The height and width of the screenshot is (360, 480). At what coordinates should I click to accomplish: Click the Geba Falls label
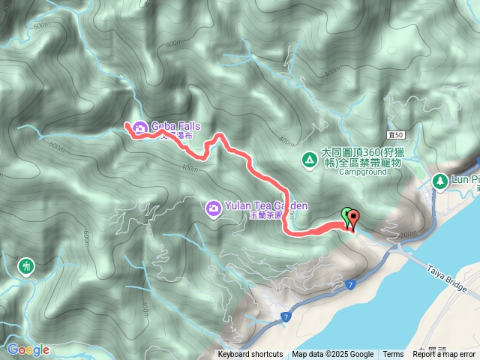point(175,125)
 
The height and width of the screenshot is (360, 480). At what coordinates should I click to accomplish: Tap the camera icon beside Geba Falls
point(139,129)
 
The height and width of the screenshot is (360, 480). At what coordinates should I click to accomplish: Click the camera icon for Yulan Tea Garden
point(213,206)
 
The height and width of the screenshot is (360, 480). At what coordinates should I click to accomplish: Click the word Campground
point(362,172)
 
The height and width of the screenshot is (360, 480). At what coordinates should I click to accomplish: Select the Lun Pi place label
point(465,180)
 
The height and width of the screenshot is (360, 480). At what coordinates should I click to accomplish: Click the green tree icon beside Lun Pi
point(439,180)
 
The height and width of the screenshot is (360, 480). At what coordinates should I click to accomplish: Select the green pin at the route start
point(346,216)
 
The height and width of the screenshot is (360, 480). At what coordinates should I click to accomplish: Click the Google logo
point(28,349)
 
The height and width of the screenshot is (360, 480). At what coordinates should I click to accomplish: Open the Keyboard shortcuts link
point(250,355)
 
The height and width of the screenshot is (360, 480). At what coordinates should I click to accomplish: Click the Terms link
point(393,355)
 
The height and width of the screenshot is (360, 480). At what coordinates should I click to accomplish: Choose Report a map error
point(444,355)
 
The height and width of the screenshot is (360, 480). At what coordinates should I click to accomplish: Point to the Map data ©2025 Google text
point(333,355)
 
